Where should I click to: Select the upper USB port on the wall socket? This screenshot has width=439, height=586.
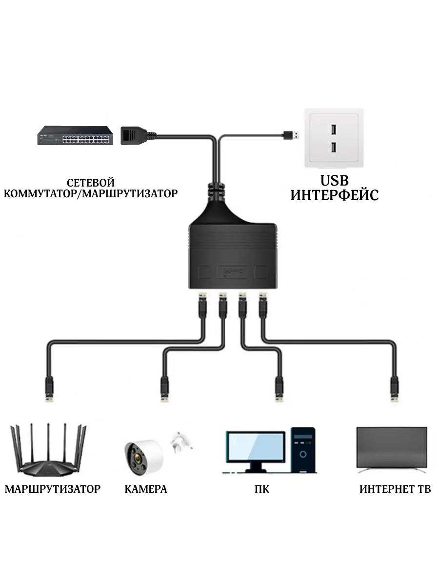[x=333, y=130]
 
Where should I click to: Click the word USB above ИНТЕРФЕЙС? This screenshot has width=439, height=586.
[x=335, y=181]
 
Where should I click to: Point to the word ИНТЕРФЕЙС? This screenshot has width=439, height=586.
[x=335, y=196]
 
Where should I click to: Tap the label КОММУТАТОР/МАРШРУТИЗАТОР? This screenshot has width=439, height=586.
[x=91, y=194]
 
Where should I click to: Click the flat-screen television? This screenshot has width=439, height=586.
[x=392, y=448]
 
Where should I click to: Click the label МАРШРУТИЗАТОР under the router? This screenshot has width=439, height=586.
[x=53, y=489]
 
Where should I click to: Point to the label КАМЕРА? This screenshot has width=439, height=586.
[x=146, y=489]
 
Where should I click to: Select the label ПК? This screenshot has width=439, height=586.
[x=262, y=489]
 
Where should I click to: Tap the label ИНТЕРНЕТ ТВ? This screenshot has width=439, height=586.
[x=395, y=489]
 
